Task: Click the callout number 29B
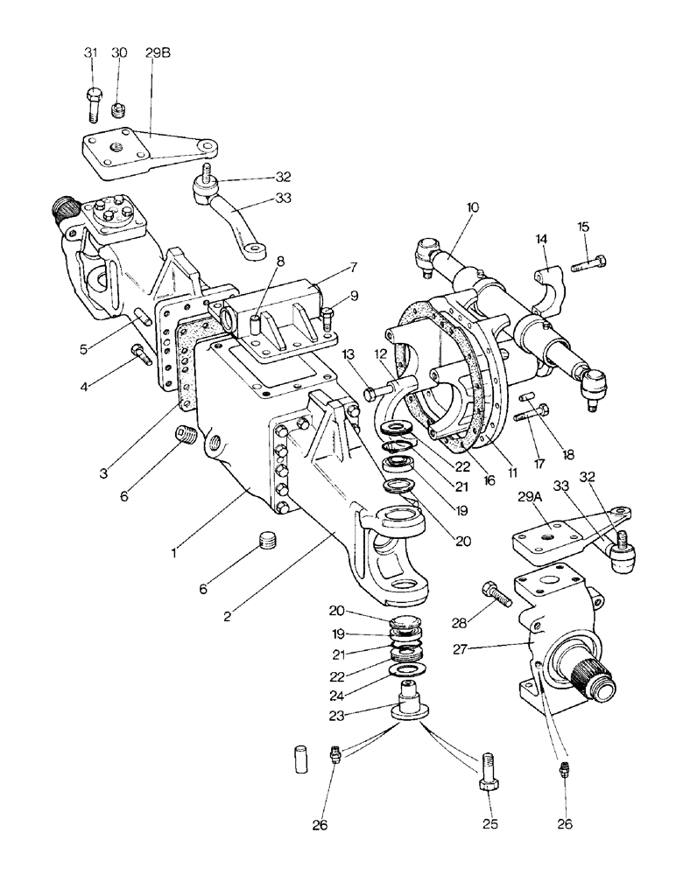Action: (158, 53)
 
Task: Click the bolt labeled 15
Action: (592, 261)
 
